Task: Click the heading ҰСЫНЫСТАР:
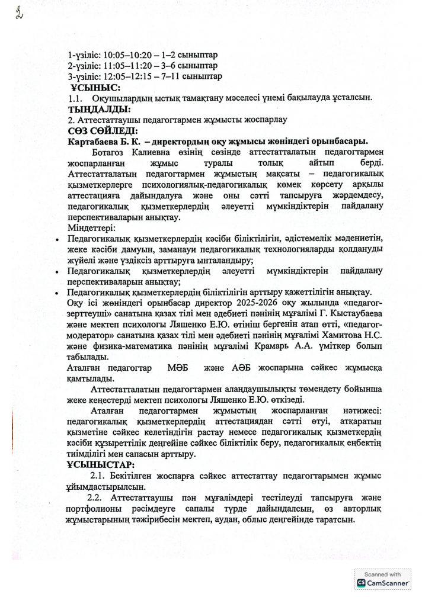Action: (101, 465)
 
